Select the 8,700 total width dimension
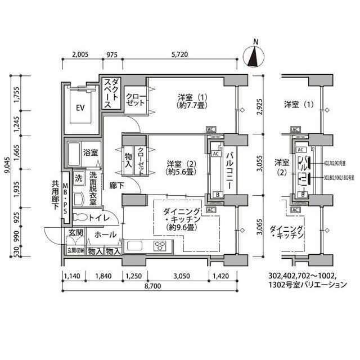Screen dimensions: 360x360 click(151, 286)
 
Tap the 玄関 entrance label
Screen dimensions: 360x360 click(76, 233)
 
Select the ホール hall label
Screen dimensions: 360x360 click(106, 234)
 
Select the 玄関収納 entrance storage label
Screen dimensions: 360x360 click(75, 250)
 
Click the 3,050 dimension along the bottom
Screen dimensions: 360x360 click(182, 276)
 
